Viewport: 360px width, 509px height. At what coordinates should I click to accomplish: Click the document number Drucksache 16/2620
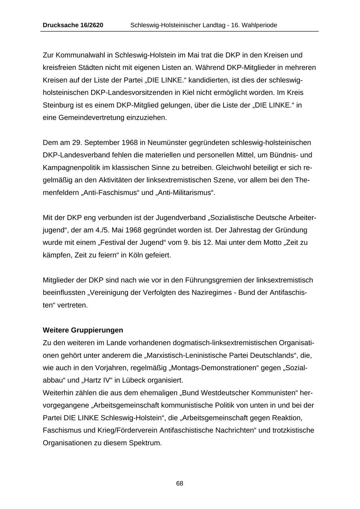coord(73,25)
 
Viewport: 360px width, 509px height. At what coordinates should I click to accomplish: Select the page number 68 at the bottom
coord(180,483)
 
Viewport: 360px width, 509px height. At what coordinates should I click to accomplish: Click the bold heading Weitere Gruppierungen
coord(83,330)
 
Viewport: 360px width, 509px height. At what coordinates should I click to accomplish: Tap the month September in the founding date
coord(102,142)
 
